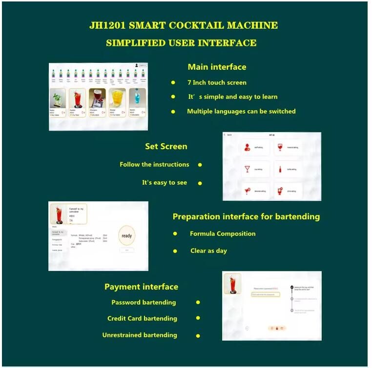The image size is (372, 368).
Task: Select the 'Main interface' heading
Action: [217, 67]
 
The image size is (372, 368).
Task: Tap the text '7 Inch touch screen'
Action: [217, 82]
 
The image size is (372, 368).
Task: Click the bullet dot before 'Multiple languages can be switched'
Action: [173, 112]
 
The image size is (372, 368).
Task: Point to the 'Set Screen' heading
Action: [166, 146]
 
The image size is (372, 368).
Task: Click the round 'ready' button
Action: [126, 236]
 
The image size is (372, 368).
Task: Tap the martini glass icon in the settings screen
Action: [248, 170]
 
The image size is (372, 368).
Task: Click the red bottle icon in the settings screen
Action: [280, 170]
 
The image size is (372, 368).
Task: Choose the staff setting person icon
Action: [248, 147]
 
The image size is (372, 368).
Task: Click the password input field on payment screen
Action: [266, 294]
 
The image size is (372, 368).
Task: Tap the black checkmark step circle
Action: [291, 288]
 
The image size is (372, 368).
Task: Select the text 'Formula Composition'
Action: [223, 233]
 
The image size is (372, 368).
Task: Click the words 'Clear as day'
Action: [208, 251]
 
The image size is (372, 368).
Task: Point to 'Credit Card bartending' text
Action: [142, 318]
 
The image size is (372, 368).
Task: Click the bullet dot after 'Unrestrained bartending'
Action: [198, 335]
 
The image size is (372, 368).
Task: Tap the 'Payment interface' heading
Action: [141, 287]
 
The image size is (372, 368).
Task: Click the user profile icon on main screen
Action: [134, 65]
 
